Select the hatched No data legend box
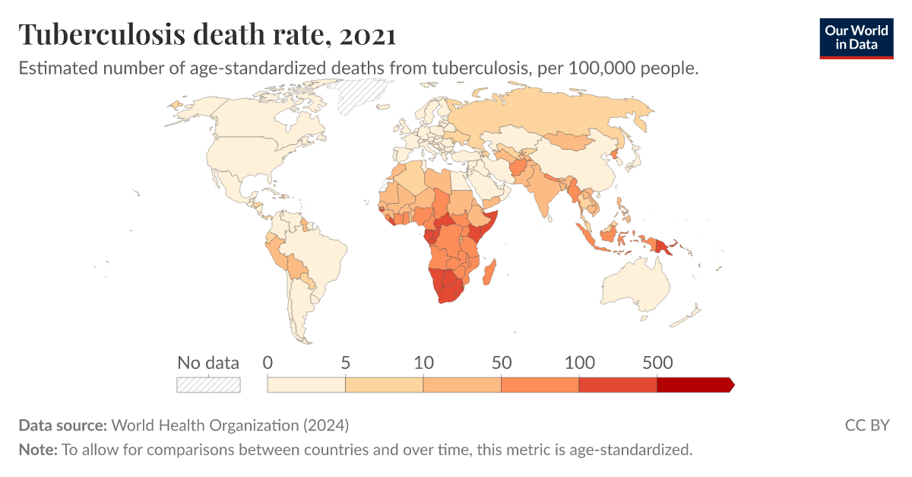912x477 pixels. (208, 385)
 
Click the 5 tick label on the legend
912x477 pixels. (345, 363)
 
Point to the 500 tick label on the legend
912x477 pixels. (657, 363)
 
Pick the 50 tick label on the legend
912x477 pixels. (501, 363)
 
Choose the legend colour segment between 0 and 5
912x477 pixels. (306, 385)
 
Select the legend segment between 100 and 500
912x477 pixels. (617, 385)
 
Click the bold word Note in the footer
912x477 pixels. (36, 450)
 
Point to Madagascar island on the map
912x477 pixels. (492, 272)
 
